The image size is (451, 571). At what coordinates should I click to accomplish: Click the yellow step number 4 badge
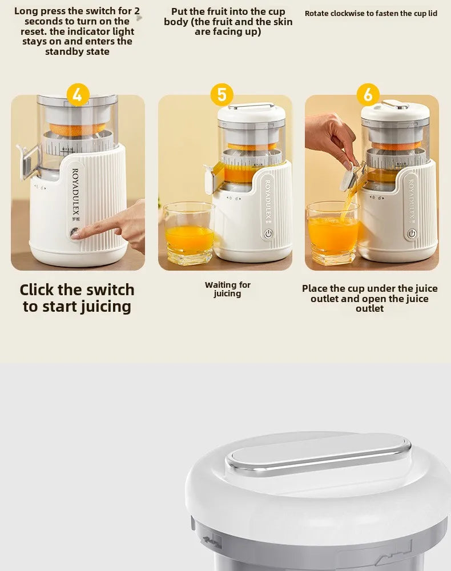click(78, 94)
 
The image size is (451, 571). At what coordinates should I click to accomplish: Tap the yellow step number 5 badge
click(222, 94)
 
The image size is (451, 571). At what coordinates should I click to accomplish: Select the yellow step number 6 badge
click(368, 94)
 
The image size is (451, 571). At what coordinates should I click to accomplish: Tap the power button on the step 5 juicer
click(269, 234)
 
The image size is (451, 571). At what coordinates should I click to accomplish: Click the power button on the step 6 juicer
click(412, 234)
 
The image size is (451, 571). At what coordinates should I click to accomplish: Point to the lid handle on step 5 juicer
click(251, 106)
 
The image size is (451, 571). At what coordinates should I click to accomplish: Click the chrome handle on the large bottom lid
click(319, 455)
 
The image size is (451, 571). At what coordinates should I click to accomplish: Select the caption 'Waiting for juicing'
click(228, 289)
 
